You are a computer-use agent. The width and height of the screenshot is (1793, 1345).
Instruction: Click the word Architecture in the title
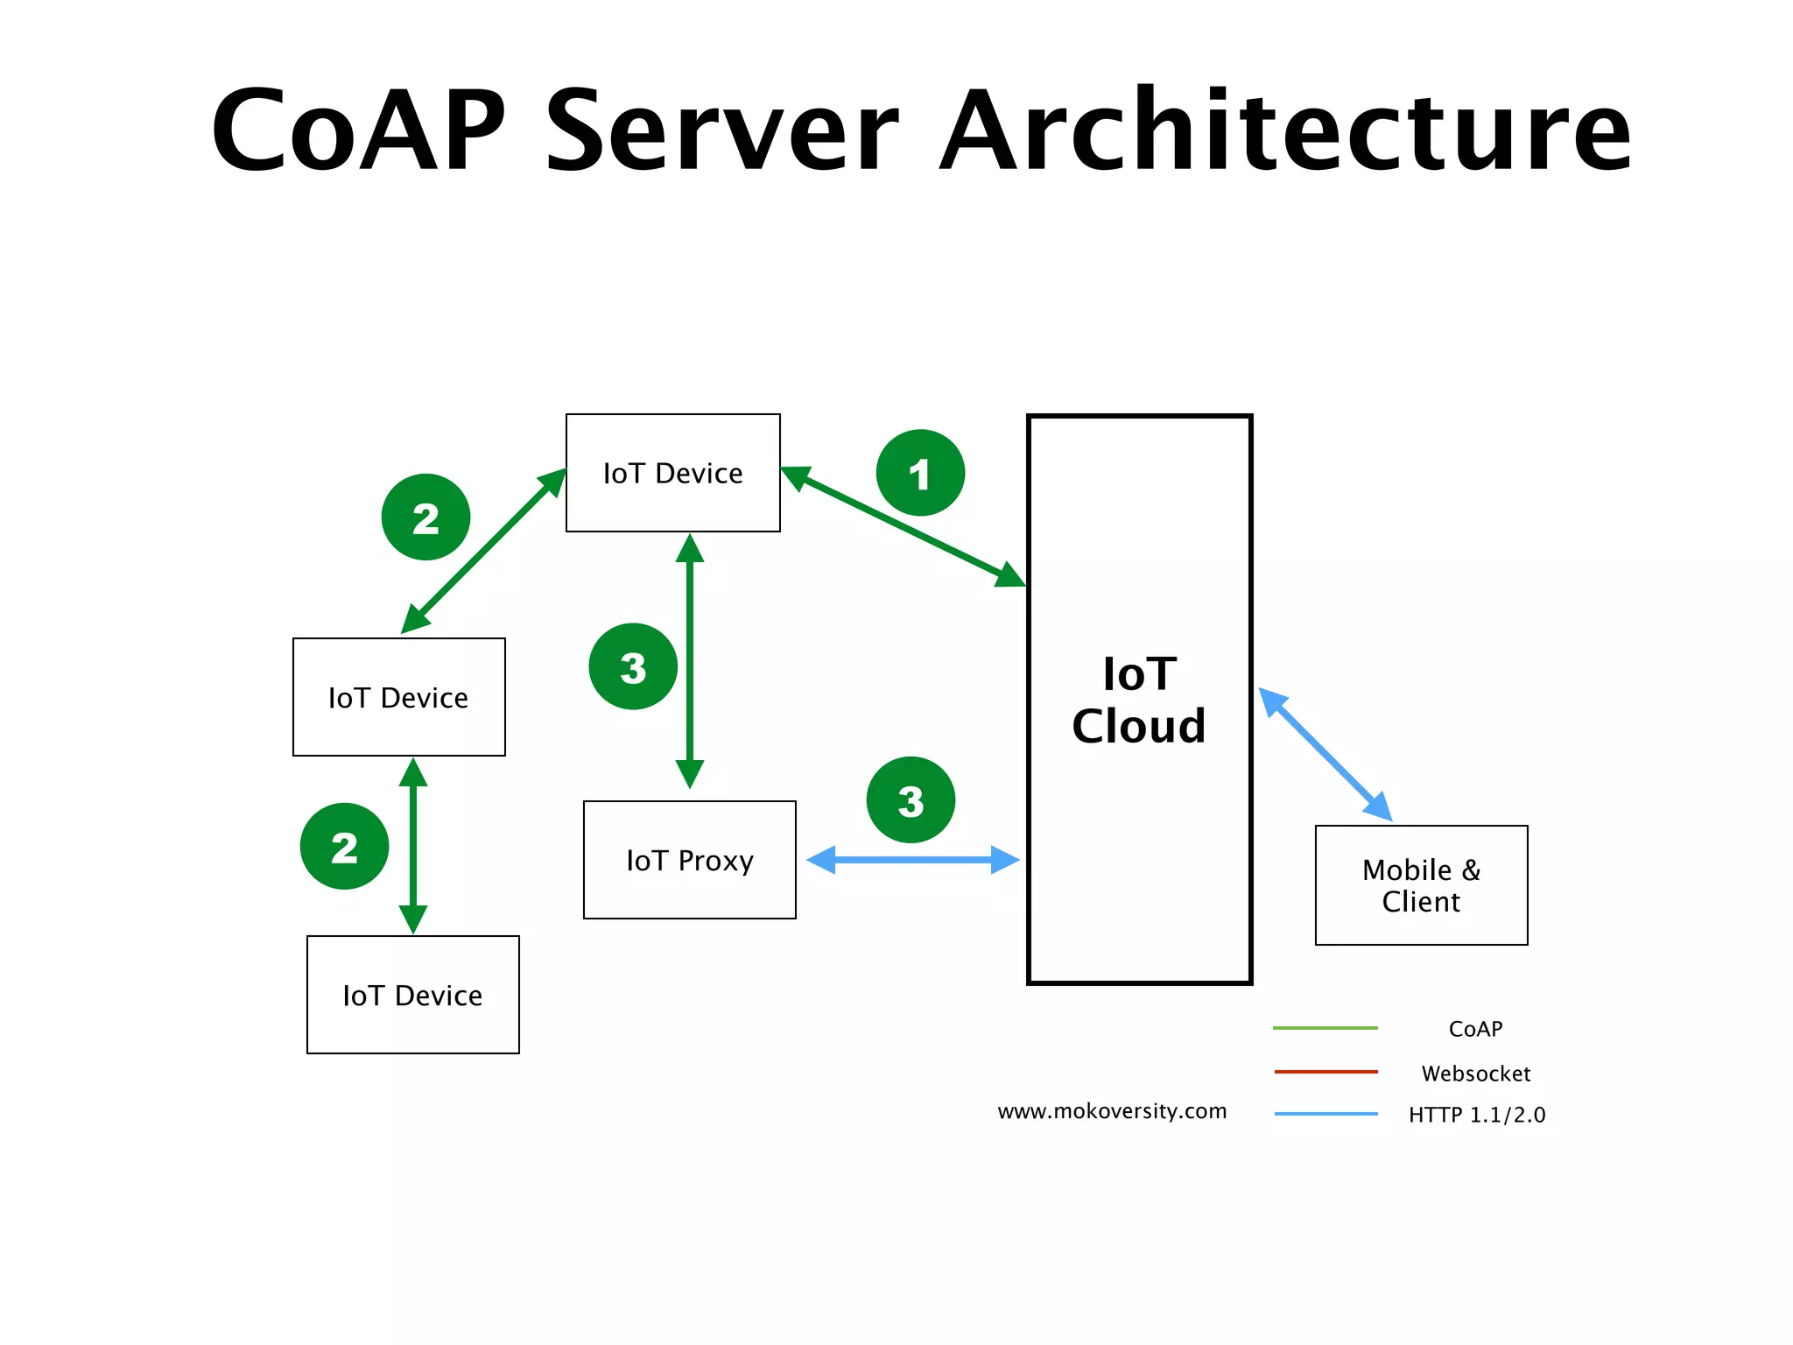click(1285, 131)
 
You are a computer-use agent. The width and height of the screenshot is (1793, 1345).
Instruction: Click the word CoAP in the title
click(359, 131)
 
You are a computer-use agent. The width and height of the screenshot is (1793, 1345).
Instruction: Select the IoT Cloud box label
click(1139, 700)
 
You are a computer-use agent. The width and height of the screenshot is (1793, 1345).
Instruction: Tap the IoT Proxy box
click(690, 860)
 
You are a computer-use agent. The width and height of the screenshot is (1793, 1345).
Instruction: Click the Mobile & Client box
click(1421, 885)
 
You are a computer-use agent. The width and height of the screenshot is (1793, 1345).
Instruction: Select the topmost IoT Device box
click(672, 473)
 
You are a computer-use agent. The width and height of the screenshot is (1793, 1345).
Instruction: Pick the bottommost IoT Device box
click(412, 995)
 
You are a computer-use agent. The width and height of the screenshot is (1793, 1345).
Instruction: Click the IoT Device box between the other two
click(398, 697)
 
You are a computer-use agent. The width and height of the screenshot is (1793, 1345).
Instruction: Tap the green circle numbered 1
click(919, 473)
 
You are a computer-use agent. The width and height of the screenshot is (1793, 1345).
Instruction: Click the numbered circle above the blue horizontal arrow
click(911, 800)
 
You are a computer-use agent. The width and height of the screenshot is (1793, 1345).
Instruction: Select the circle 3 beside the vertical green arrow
click(633, 666)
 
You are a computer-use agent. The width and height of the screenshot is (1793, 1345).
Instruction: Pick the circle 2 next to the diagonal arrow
click(425, 518)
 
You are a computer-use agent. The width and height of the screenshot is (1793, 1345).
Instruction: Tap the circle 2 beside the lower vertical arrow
click(344, 846)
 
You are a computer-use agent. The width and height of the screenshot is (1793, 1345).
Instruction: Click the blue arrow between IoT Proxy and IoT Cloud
click(912, 860)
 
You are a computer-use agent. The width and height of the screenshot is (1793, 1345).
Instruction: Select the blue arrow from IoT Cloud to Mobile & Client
click(1325, 754)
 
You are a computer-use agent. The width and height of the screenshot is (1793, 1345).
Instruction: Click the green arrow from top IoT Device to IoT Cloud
click(902, 526)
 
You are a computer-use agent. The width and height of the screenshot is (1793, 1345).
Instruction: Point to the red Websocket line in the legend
click(1325, 1071)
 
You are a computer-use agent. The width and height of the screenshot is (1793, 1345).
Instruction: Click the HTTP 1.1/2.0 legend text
click(1477, 1115)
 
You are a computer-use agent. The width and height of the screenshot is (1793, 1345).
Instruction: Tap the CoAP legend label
click(1475, 1029)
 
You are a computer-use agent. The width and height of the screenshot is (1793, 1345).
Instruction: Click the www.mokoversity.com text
click(1112, 1111)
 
